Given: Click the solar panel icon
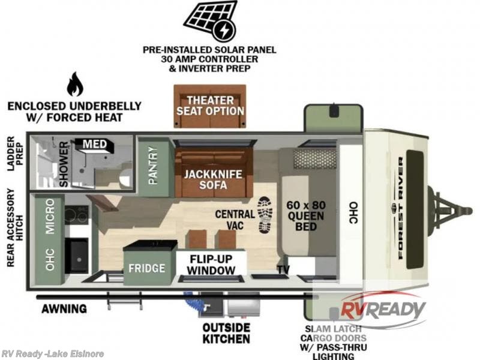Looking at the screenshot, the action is tap(211, 21).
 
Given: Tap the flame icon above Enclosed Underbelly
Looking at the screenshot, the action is tap(75, 85).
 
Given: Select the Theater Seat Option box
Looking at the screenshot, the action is tap(209, 106).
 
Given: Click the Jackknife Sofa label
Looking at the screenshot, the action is tap(213, 179).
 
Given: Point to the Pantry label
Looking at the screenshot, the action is tap(153, 166).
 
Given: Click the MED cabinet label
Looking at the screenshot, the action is tap(95, 144).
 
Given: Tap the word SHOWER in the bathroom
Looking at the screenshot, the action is tap(64, 164).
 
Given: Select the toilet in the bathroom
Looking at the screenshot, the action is tap(125, 178).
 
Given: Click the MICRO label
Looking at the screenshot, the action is tap(50, 217).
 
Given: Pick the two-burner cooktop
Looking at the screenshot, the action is tap(77, 215).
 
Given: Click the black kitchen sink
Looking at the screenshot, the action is tap(77, 256).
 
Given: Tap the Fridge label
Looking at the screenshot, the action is tap(146, 268).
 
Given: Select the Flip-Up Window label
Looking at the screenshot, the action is tap(211, 264).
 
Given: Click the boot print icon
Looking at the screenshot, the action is tap(265, 215).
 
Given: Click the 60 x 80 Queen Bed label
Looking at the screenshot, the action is tap(306, 216).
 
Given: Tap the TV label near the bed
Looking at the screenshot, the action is tap(283, 269).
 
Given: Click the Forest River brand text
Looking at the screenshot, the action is tap(400, 208).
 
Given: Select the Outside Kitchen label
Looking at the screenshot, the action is tap(226, 333).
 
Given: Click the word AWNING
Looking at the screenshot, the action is tap(64, 308).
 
